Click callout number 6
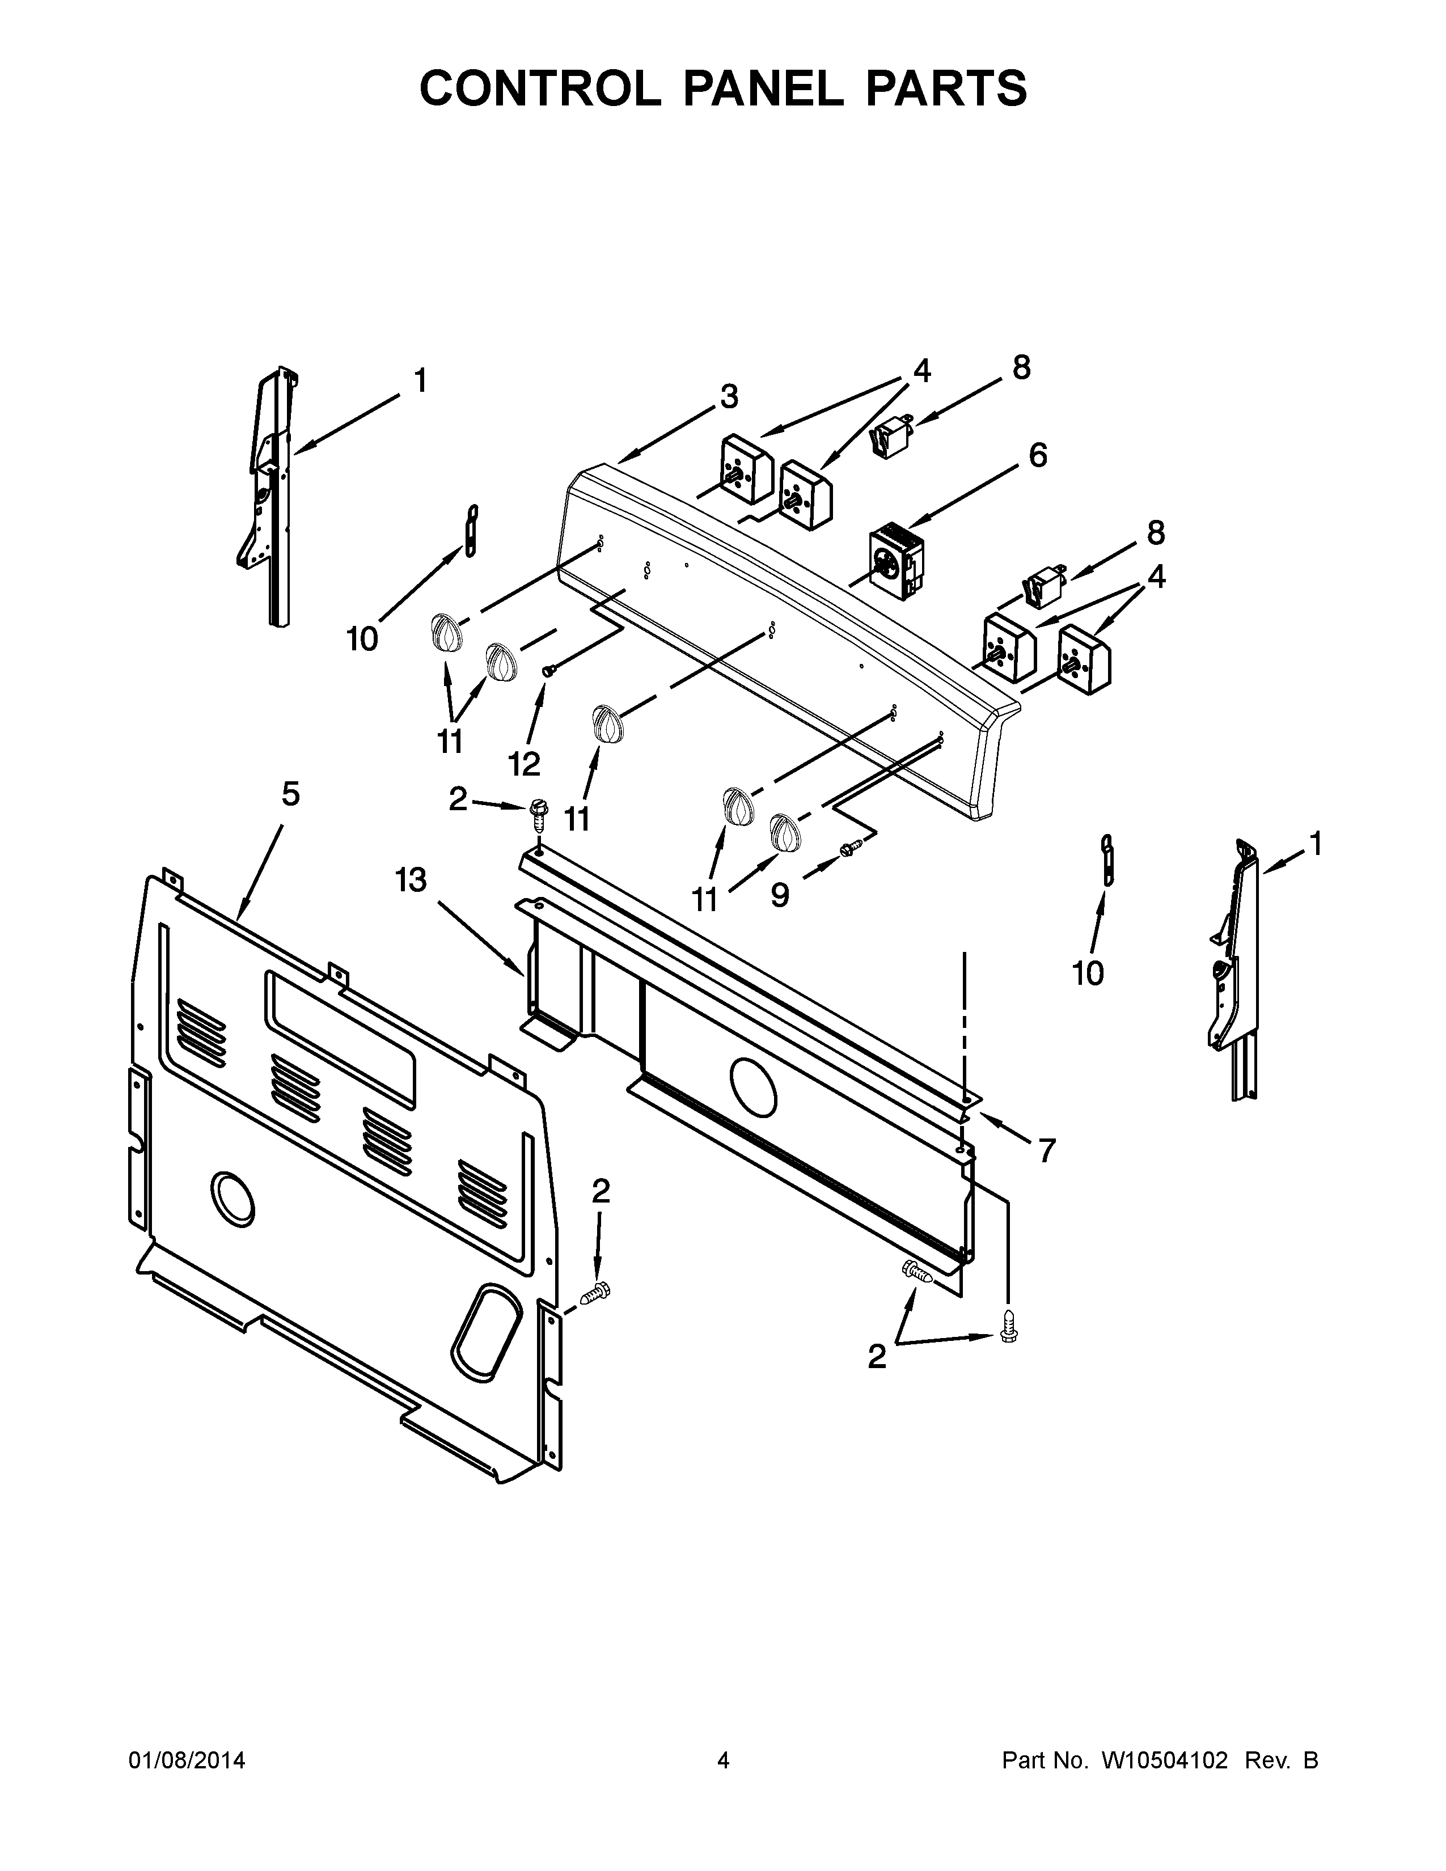[1037, 455]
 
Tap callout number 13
[411, 880]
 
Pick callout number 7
[1046, 1150]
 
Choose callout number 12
[525, 763]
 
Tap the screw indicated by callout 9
[851, 847]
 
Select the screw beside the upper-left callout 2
[538, 811]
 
